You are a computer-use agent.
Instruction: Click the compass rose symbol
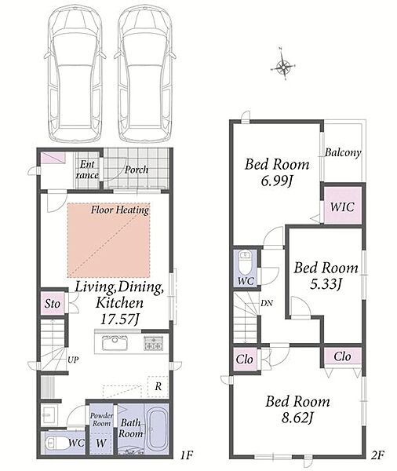click(x=283, y=67)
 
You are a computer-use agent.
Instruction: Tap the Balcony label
click(x=343, y=152)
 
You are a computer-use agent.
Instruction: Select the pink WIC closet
click(x=343, y=206)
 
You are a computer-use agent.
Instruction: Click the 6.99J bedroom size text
click(x=277, y=181)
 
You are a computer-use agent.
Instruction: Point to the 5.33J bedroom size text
click(x=326, y=284)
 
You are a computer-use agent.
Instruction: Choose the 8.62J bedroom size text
click(x=297, y=418)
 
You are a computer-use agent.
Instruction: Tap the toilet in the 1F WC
click(x=55, y=443)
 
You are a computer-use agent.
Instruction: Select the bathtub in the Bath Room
click(x=157, y=429)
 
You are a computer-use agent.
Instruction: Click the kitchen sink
click(x=115, y=343)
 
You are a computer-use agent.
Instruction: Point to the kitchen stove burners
click(x=154, y=343)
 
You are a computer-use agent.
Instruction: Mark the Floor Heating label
click(x=120, y=210)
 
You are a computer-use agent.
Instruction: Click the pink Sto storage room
click(x=53, y=303)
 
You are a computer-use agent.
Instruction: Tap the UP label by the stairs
click(x=73, y=360)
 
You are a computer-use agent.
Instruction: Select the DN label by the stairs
click(x=267, y=303)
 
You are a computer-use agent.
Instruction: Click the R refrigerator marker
click(x=158, y=386)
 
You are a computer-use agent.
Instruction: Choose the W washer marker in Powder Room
click(x=101, y=443)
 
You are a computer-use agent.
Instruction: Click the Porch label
click(x=137, y=170)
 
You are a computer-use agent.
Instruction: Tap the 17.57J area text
click(x=120, y=319)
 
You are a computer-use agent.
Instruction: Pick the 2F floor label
click(x=377, y=455)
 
